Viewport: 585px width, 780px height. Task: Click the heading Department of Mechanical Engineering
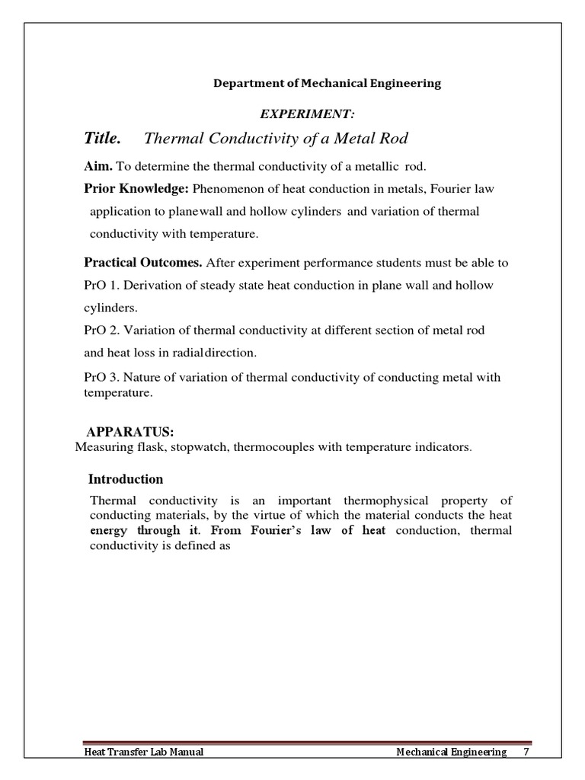[x=326, y=84]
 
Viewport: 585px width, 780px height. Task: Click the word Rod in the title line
[x=396, y=138]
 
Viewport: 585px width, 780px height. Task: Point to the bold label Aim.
[x=98, y=166]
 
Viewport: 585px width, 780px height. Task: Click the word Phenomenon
[x=229, y=188]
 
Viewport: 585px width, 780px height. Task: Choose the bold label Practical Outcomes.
[x=142, y=263]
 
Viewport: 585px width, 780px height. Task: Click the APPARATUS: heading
[x=125, y=433]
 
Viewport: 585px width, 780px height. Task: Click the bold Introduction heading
[x=126, y=479]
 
